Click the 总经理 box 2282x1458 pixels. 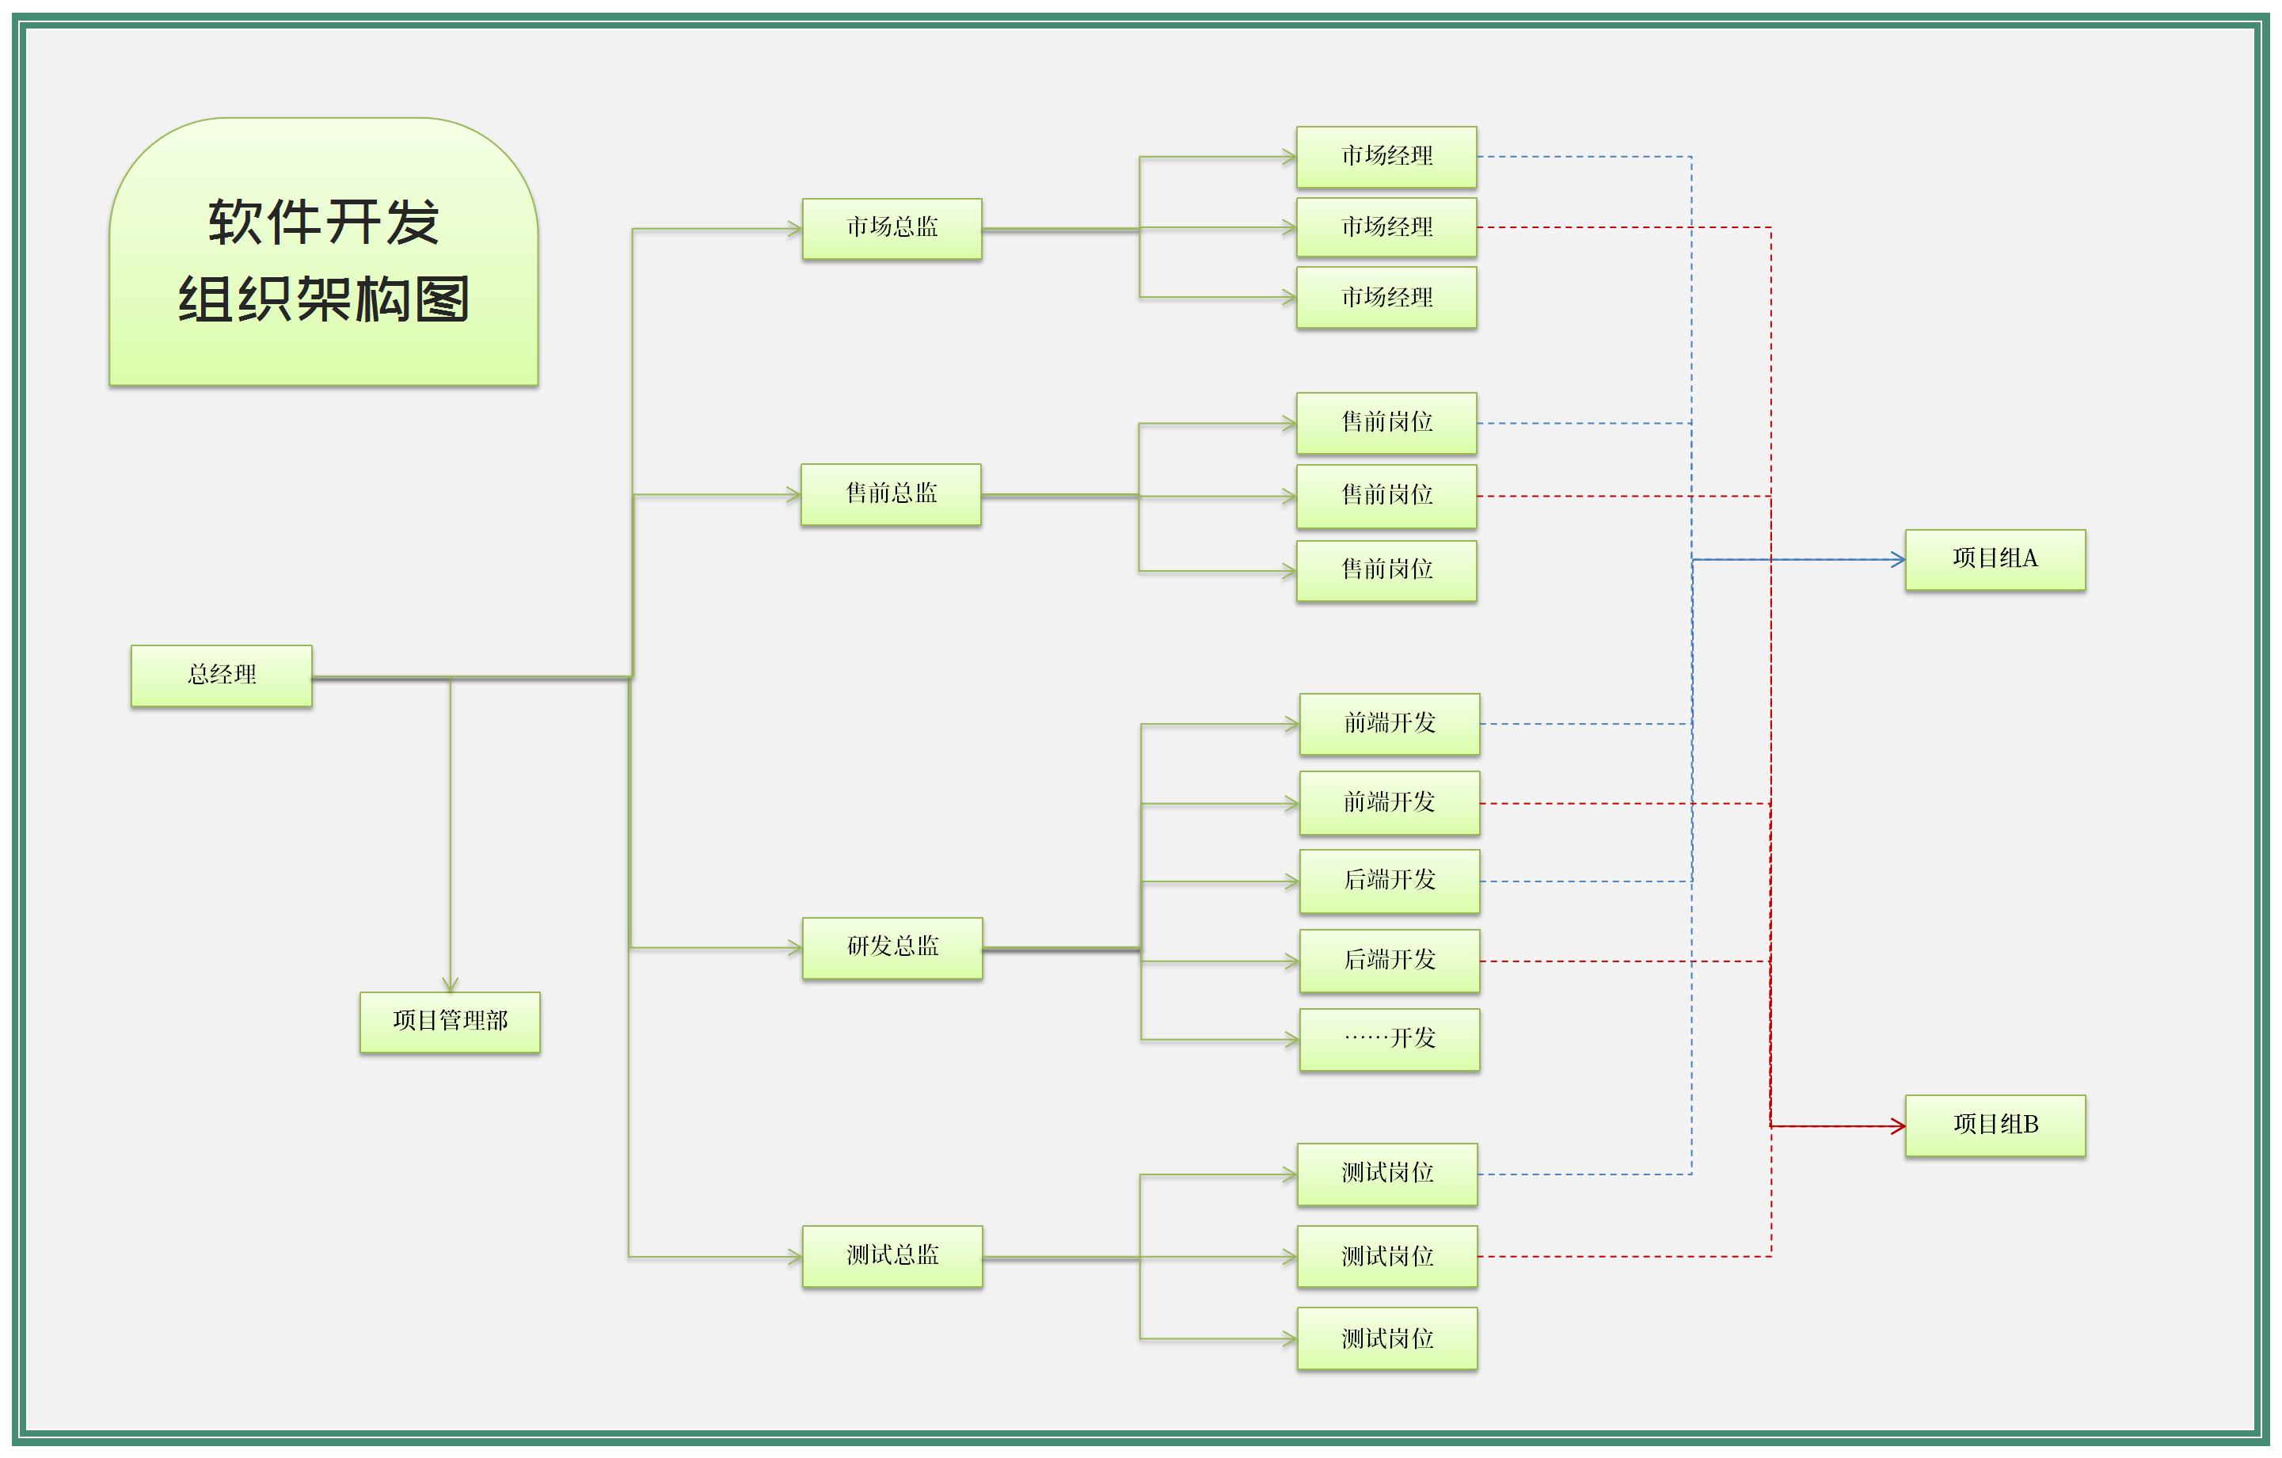(x=221, y=675)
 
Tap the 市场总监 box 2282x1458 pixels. (x=891, y=228)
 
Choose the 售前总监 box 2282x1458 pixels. (x=890, y=494)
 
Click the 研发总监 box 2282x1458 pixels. (x=892, y=947)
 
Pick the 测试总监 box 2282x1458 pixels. (x=892, y=1256)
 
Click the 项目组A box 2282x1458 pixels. (x=1994, y=559)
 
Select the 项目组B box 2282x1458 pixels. (x=1994, y=1125)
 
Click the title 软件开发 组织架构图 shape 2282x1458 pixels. (x=323, y=252)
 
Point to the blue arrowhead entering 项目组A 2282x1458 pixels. (x=1897, y=559)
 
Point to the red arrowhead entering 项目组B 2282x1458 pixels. (x=1897, y=1125)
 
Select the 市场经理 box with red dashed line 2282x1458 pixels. (x=1386, y=227)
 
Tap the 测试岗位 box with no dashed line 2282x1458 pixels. (x=1386, y=1338)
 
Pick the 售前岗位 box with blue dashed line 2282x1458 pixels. (x=1386, y=423)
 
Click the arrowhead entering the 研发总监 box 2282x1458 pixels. (x=795, y=947)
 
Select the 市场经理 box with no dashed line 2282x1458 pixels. (x=1386, y=298)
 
